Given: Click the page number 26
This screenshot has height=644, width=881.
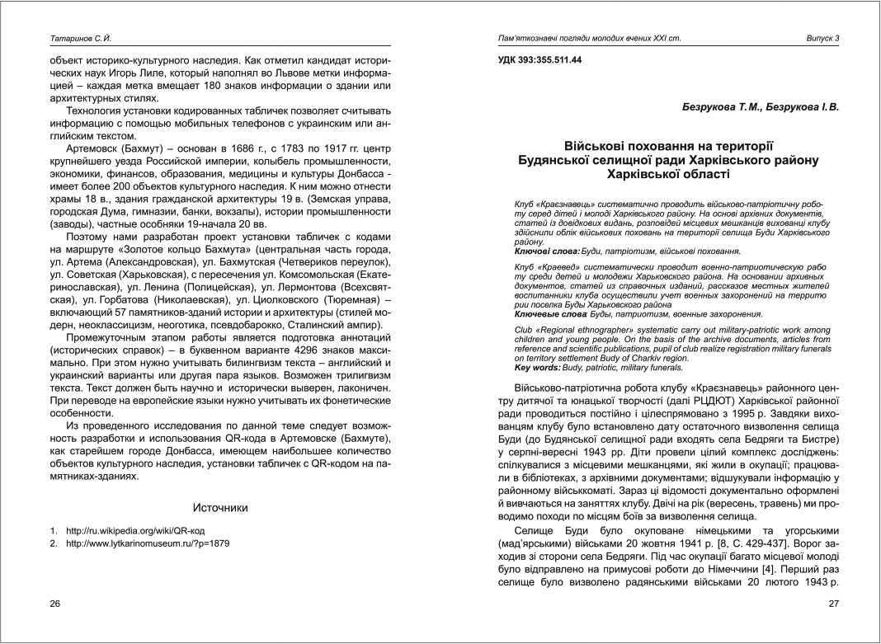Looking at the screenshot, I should pyautogui.click(x=55, y=604).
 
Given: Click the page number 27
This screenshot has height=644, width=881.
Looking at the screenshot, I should pyautogui.click(x=833, y=604).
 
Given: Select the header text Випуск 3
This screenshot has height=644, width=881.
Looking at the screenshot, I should pyautogui.click(x=822, y=39).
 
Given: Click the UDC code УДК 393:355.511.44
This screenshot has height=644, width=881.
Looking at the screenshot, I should pyautogui.click(x=540, y=61).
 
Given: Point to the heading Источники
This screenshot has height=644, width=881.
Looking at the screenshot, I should pyautogui.click(x=220, y=508).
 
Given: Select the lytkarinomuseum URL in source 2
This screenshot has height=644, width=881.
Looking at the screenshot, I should pyautogui.click(x=148, y=544).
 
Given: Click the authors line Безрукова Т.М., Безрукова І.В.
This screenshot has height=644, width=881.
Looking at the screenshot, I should pyautogui.click(x=760, y=107).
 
